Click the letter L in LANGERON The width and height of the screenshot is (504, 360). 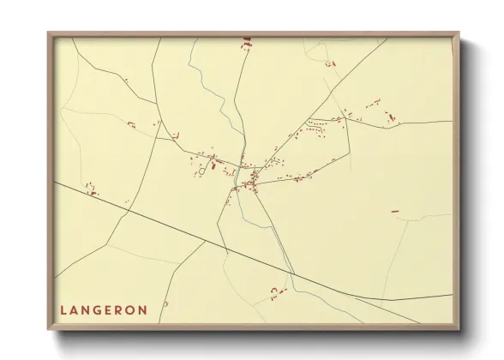(64, 309)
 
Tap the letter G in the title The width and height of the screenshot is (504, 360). (100, 309)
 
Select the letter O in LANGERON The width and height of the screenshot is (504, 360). (131, 309)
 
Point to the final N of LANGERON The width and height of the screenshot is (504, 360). (143, 309)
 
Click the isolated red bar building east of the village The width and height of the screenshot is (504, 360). (395, 211)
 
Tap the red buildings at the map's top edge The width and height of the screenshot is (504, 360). (247, 40)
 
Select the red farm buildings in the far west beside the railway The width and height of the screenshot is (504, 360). (90, 190)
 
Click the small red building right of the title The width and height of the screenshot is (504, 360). (165, 303)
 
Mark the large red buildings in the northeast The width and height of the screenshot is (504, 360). (391, 117)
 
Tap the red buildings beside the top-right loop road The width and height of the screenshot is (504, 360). (330, 63)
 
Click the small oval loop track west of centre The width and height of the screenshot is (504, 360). (202, 170)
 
